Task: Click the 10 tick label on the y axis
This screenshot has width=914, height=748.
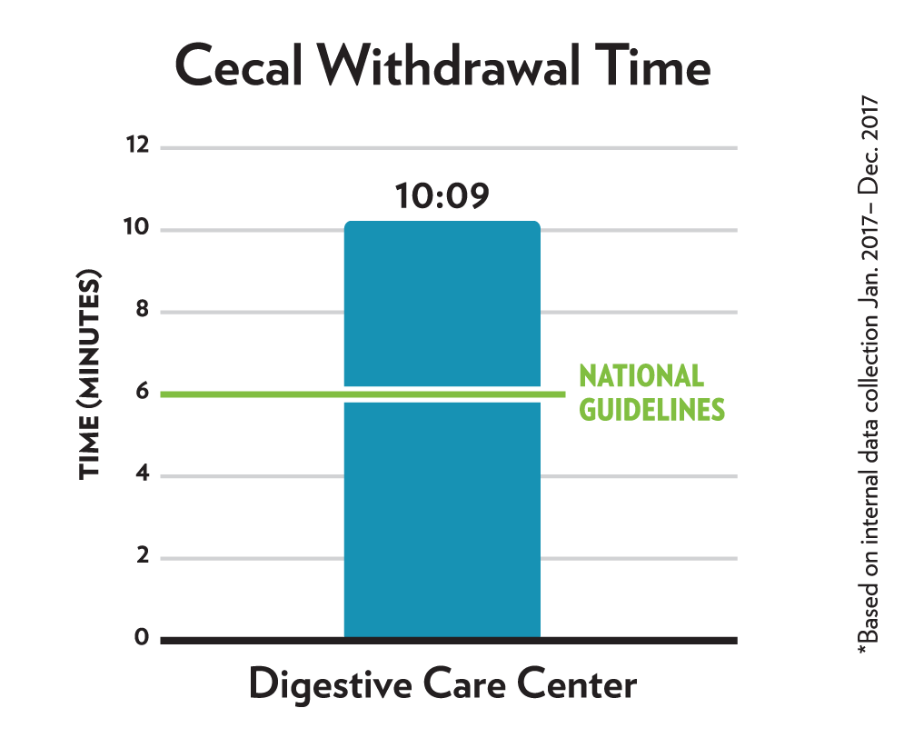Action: pos(135,229)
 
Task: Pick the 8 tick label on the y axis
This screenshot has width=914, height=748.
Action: pos(141,312)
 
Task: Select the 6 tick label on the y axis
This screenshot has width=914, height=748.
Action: pos(141,394)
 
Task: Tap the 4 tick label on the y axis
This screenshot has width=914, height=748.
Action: pos(141,475)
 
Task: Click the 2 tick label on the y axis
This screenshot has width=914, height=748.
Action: pos(141,557)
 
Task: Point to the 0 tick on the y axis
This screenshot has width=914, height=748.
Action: pos(141,638)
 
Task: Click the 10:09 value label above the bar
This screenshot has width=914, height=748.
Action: pos(442,196)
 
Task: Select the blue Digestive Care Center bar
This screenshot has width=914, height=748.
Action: pos(442,509)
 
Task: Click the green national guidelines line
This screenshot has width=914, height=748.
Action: pos(254,394)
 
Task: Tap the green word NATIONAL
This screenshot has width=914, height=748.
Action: pos(641,376)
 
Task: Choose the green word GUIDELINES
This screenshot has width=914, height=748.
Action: pos(651,410)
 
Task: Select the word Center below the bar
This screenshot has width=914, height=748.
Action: pos(576,684)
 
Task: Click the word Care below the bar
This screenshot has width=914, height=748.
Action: pos(463,684)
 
